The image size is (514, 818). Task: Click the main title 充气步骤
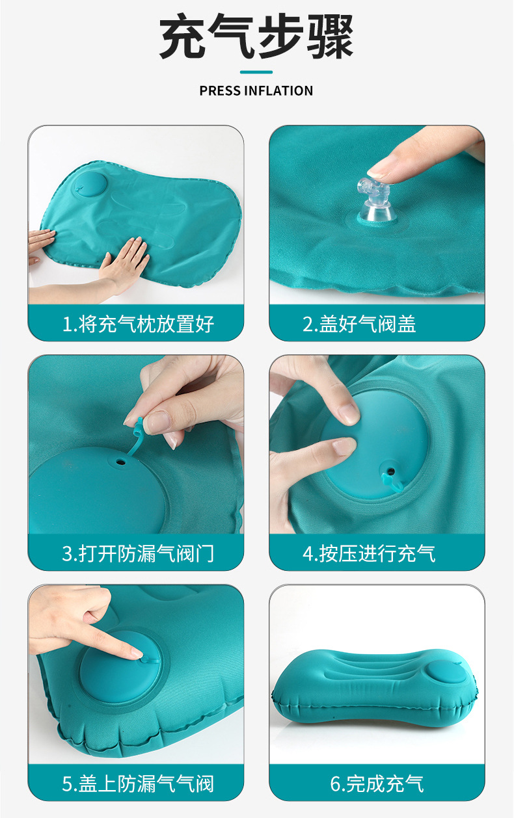point(256,36)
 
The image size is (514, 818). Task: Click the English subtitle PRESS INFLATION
point(256,90)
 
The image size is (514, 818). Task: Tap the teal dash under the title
point(256,72)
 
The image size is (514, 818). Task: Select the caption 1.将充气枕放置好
point(138,324)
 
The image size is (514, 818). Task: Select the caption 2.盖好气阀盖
point(359,324)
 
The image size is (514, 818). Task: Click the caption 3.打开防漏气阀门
point(138,553)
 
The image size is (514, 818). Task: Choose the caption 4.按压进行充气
point(369,553)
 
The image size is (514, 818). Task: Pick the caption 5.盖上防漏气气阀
point(138,784)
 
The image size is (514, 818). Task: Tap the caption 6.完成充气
point(377,784)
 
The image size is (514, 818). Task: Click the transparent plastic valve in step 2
point(375,201)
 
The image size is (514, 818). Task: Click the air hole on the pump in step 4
point(390,472)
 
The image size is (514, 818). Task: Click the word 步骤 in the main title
point(305,36)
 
